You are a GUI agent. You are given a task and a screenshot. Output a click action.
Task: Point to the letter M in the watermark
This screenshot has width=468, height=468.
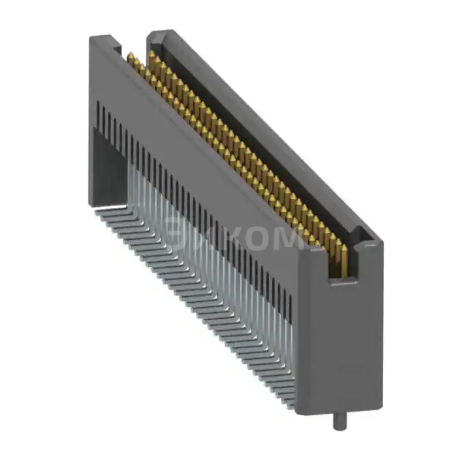289,240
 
